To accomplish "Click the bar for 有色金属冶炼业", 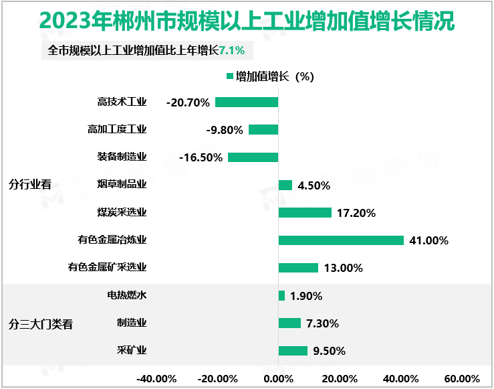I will pos(341,240).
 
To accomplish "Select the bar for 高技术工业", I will pos(246,102).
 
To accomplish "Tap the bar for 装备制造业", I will pos(253,157).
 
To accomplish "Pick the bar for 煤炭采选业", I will pos(305,213).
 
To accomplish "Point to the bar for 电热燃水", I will pos(281,295).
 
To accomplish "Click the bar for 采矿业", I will pos(293,351).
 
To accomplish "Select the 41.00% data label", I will pos(428,240).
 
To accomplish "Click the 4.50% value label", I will pos(314,185).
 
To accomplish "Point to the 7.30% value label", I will pos(322,323).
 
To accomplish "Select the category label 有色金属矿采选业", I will pos(107,268).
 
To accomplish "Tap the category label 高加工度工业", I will pos(117,130).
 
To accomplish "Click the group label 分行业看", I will pos(30,185).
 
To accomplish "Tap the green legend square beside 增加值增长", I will pos(230,76).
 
